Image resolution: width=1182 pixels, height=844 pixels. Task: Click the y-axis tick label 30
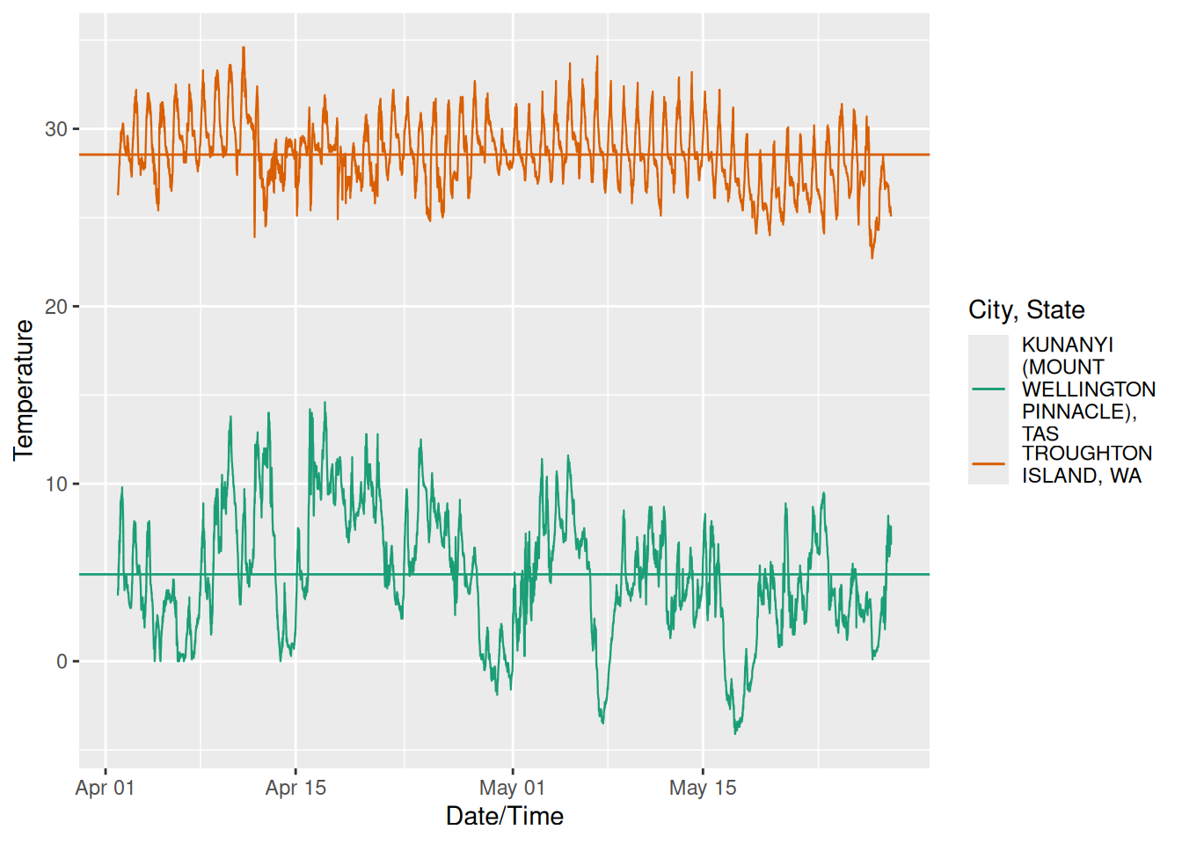click(56, 129)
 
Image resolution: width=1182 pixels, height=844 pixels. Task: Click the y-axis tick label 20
click(56, 307)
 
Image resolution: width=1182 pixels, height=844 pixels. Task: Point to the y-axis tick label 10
click(56, 484)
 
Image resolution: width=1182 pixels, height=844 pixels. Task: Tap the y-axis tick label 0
click(62, 662)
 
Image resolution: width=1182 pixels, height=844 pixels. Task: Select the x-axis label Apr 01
click(106, 788)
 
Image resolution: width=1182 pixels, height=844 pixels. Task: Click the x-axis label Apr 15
click(295, 788)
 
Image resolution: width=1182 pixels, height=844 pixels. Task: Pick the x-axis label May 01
click(512, 788)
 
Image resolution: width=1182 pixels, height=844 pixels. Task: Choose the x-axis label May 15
click(703, 788)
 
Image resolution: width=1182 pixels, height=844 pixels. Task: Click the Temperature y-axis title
click(24, 389)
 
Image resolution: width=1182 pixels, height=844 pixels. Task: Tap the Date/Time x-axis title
click(504, 816)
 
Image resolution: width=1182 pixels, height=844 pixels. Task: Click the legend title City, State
click(1026, 309)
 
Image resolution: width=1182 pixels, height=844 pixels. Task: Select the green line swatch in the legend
click(989, 389)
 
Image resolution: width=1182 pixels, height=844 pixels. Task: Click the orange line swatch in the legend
click(989, 463)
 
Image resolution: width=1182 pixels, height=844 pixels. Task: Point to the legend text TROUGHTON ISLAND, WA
click(1086, 464)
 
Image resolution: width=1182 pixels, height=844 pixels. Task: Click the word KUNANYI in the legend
click(1067, 345)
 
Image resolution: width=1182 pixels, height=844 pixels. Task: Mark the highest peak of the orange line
click(244, 47)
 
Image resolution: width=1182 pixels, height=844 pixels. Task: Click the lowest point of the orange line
click(872, 258)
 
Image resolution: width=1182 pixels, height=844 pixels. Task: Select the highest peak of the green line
click(325, 403)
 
